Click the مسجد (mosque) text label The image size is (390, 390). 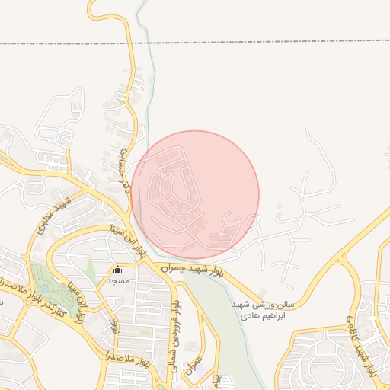[x=118, y=281]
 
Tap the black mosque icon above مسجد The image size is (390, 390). [x=117, y=270]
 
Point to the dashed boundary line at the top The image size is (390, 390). [x=229, y=43]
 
